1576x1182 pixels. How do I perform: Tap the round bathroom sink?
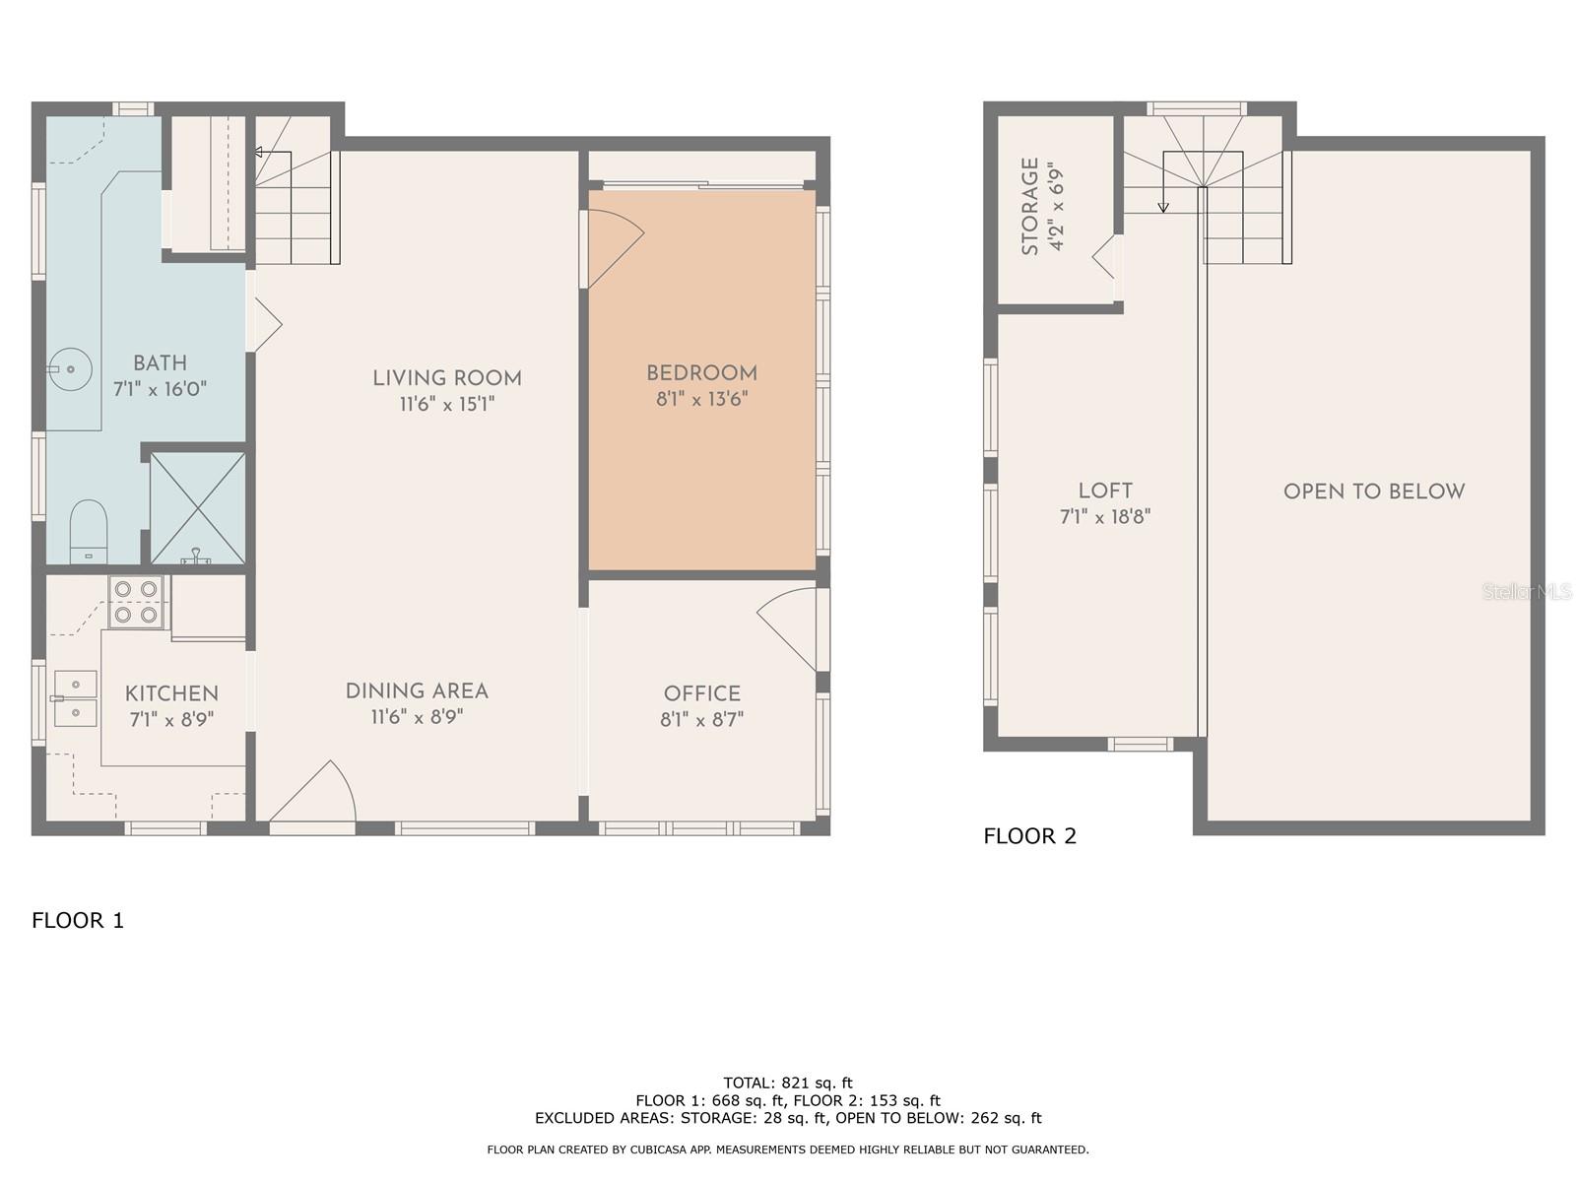click(71, 369)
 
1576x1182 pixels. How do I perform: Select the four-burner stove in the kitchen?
click(136, 602)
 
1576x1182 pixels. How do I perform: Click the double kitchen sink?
click(75, 697)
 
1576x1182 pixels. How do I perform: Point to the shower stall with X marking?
click(197, 507)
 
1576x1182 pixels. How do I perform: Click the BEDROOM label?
click(701, 373)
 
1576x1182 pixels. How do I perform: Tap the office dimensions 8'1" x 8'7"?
click(701, 720)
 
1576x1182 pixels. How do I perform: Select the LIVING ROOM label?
click(447, 378)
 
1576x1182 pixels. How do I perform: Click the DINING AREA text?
click(417, 691)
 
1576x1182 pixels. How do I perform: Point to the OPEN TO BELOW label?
click(1373, 492)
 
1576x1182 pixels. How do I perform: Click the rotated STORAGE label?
click(1030, 206)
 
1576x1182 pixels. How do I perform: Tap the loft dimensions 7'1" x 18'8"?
click(1105, 516)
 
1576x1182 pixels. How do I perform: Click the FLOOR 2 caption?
click(1029, 836)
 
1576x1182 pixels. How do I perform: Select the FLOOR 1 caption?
click(78, 921)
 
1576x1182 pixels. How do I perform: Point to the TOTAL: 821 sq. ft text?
click(787, 1083)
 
